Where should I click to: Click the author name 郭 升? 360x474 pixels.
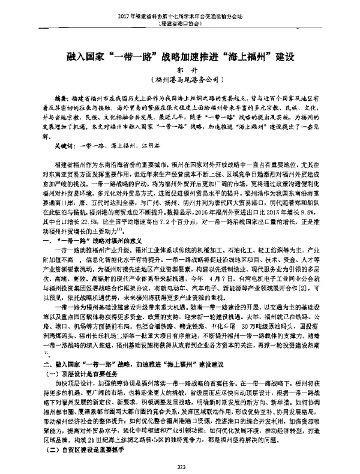pyautogui.click(x=180, y=70)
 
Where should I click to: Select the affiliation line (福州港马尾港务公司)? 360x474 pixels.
pyautogui.click(x=180, y=80)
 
